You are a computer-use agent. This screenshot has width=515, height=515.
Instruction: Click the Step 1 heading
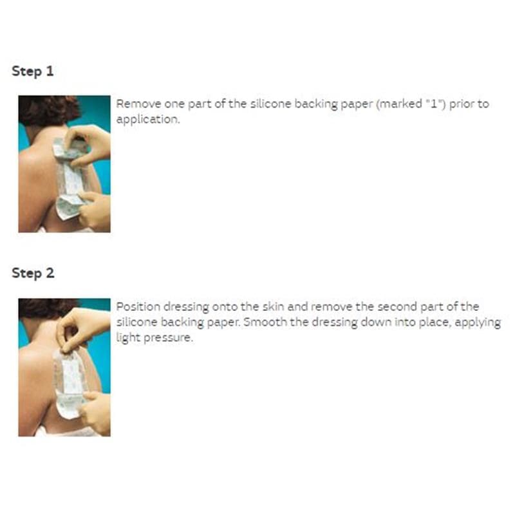[33, 71]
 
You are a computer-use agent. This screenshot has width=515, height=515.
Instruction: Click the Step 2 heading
[33, 273]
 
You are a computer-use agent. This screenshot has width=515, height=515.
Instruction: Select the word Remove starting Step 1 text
[138, 104]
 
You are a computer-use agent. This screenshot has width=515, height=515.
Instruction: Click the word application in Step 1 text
[148, 119]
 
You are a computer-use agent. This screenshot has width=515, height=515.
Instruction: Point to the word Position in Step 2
[138, 307]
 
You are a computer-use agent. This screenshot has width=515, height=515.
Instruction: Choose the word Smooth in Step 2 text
[265, 322]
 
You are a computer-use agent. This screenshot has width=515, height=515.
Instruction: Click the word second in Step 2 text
[397, 307]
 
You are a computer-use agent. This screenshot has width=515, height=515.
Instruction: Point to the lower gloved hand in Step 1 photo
[95, 211]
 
